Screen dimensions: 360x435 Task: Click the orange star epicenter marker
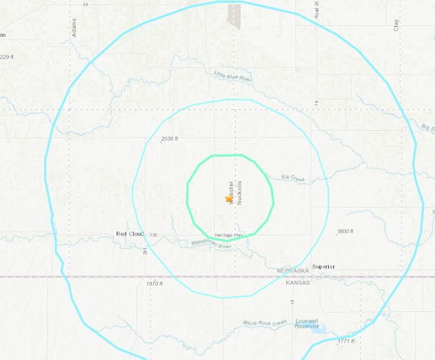pos(229,199)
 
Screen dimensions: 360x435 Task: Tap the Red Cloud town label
pos(130,234)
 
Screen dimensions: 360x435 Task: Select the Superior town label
pos(323,267)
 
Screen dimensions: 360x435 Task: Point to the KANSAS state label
pos(298,283)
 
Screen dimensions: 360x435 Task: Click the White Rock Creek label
pos(265,323)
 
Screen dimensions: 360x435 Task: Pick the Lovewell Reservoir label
pos(307,323)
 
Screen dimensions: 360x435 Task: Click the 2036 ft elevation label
pos(169,139)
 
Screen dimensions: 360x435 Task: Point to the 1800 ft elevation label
pos(345,232)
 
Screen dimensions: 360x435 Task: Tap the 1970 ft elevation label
pos(155,284)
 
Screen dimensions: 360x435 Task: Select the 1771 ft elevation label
pos(346,341)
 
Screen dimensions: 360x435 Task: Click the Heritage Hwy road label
pos(229,236)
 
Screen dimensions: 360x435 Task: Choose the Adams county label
pos(74,27)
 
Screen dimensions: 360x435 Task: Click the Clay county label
pos(396,25)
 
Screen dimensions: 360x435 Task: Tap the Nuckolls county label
pos(240,193)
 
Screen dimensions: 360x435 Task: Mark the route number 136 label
pos(154,235)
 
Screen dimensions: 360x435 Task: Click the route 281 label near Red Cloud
pos(145,252)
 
